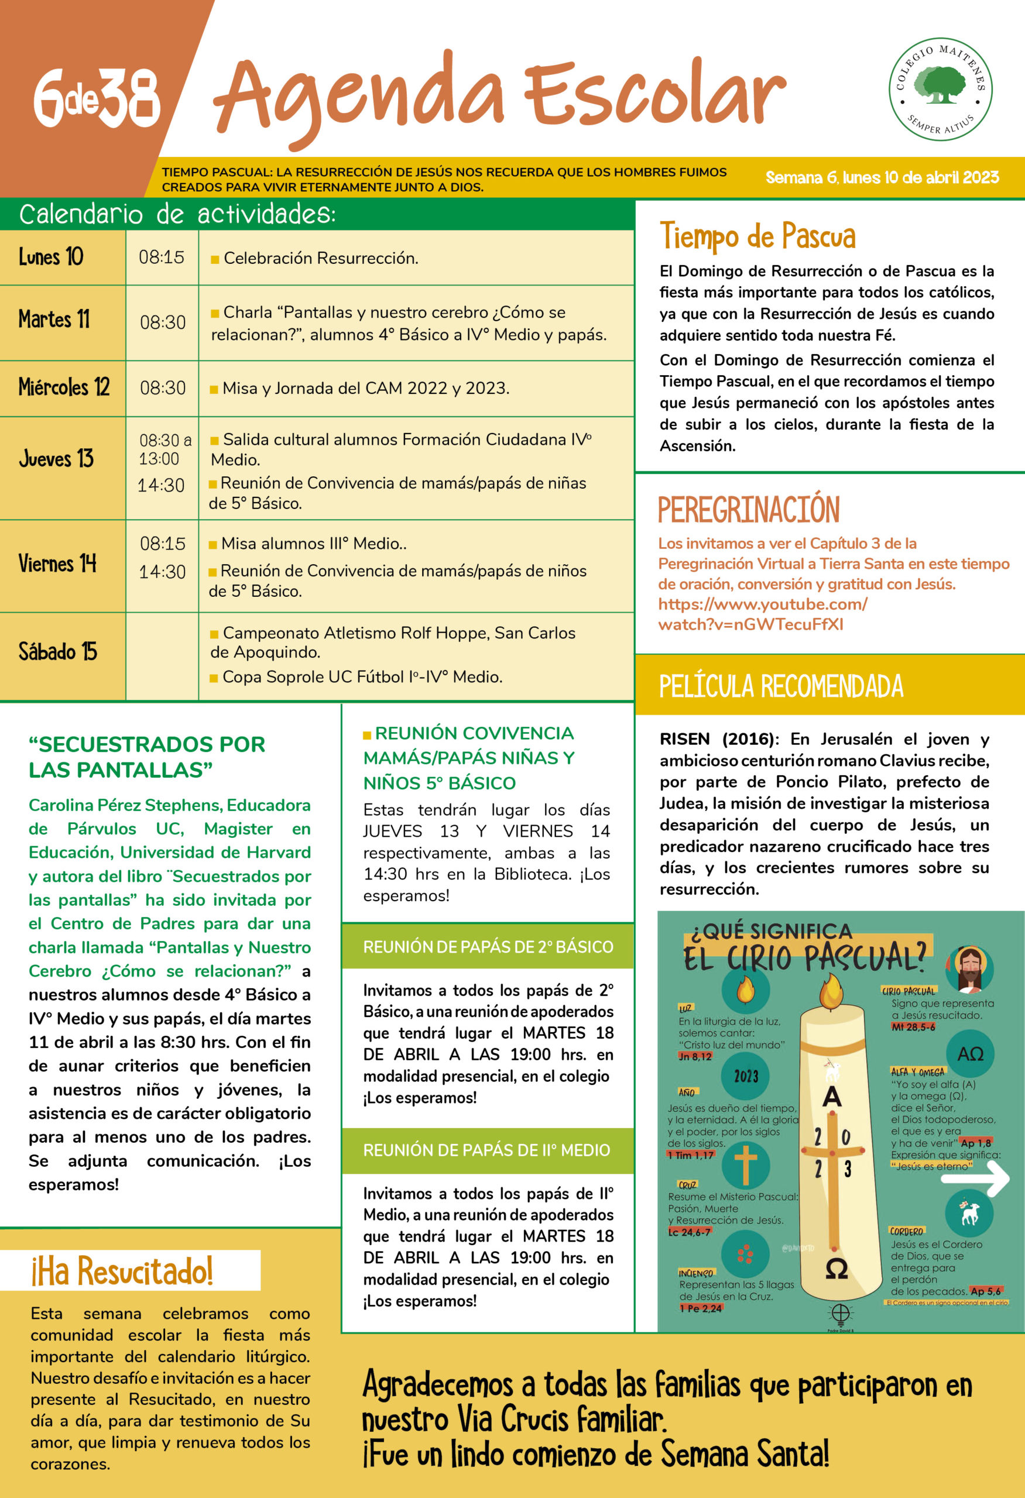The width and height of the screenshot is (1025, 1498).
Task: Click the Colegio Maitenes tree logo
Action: point(941,89)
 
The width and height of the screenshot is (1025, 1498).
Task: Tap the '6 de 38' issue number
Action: point(97,97)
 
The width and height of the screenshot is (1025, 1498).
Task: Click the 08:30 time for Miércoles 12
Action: point(163,388)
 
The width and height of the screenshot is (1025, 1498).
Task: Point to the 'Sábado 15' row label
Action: point(57,652)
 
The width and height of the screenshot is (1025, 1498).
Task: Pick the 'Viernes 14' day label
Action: point(57,564)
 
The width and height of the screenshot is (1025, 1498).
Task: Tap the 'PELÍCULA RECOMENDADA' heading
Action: point(781,686)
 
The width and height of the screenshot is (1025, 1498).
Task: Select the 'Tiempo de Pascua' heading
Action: point(757,236)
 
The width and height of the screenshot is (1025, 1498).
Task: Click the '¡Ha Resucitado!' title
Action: point(122,1271)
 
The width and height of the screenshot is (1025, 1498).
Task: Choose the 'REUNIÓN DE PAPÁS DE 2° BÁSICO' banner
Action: point(488,947)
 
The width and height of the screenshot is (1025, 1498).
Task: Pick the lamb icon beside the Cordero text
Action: point(969,1214)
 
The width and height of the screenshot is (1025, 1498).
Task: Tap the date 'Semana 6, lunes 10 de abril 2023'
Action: point(882,177)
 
